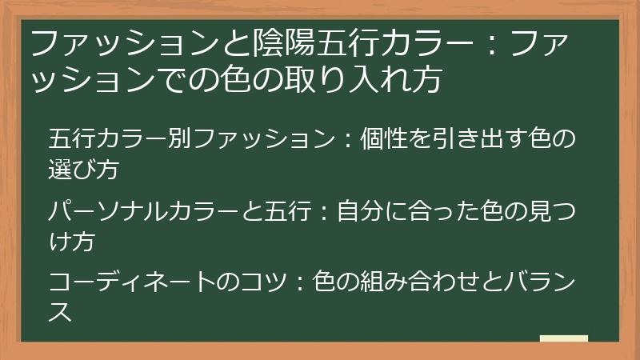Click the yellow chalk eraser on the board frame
pos(563,339)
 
